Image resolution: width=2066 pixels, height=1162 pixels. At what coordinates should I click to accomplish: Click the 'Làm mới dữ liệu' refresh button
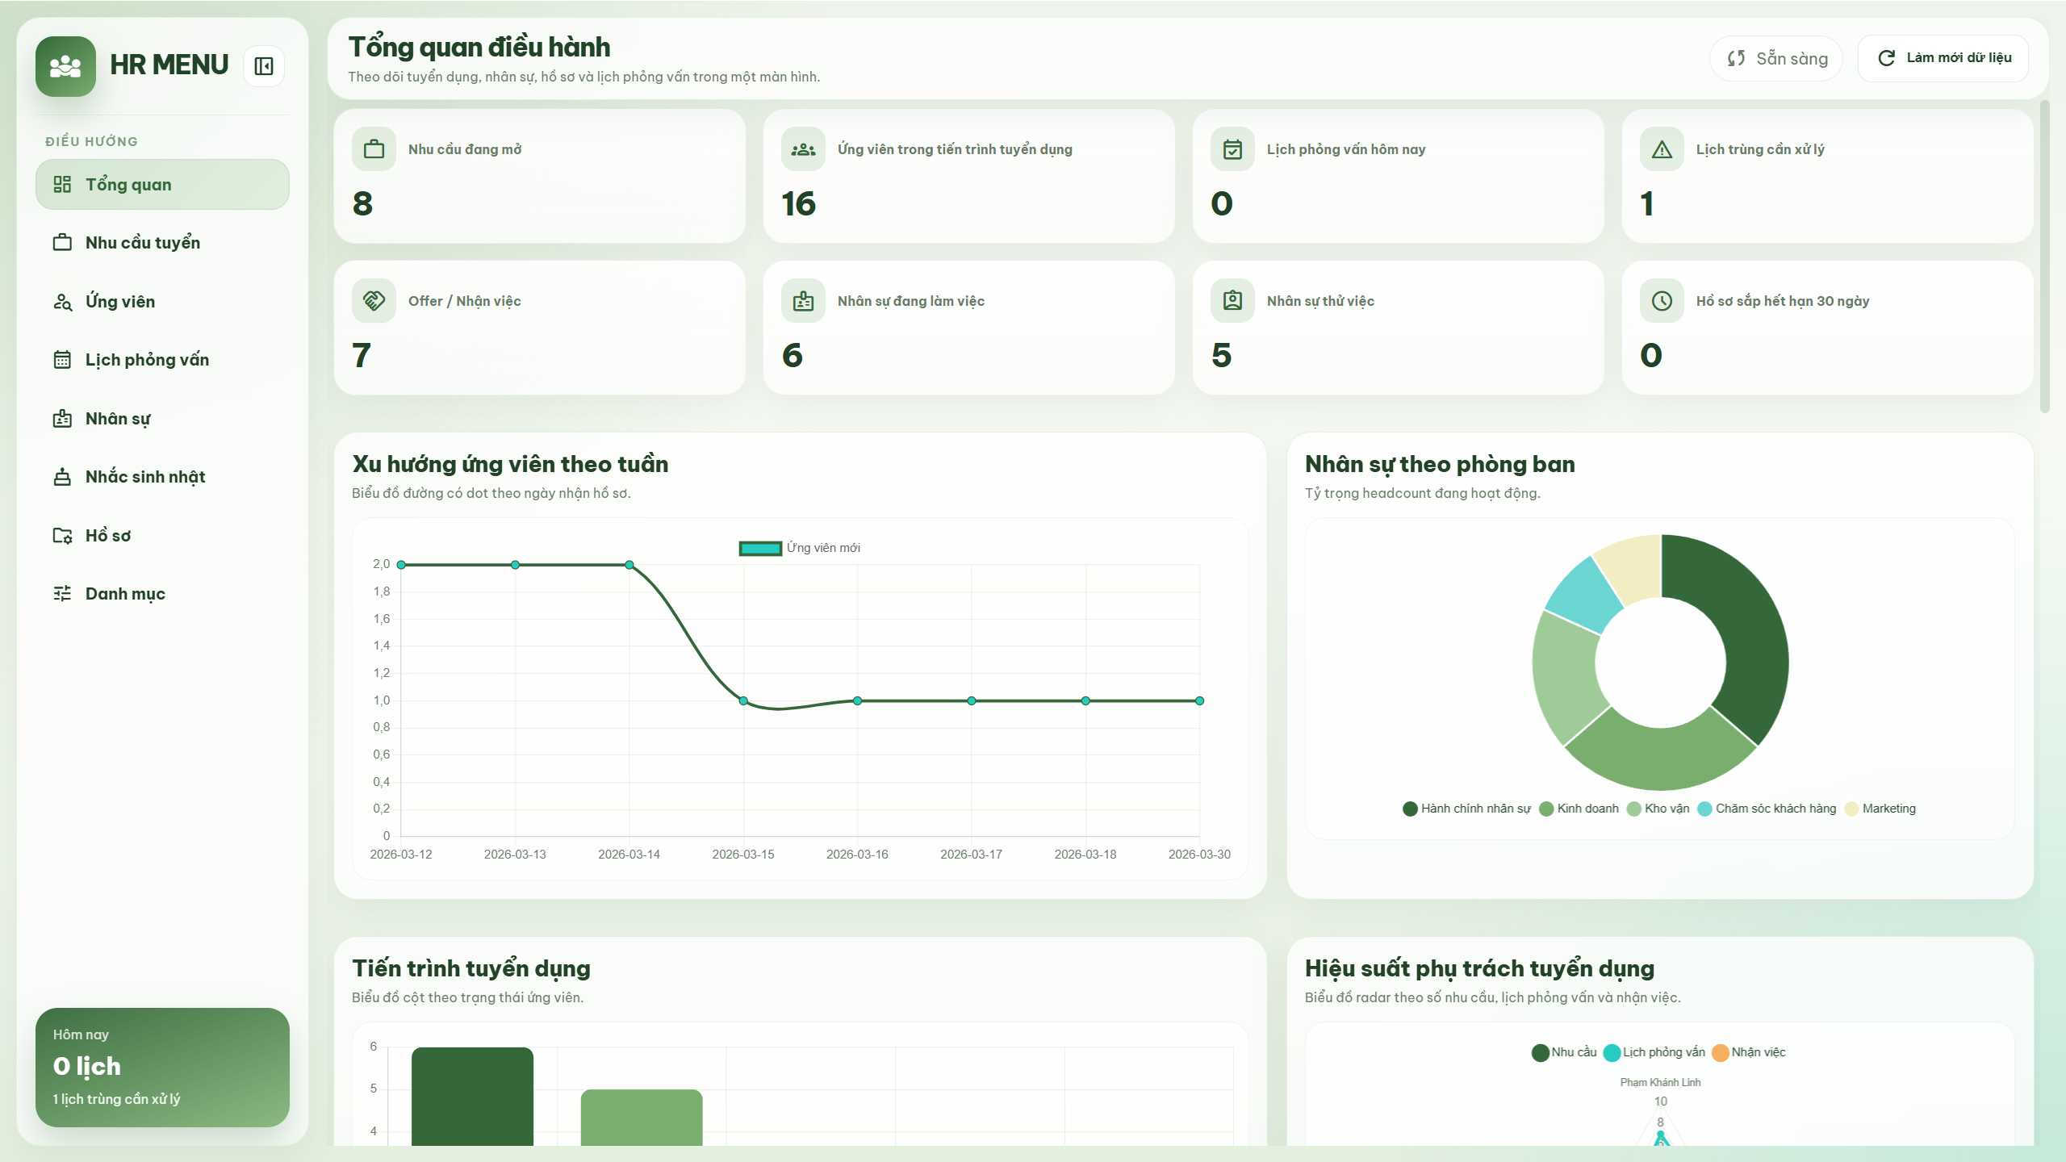point(1943,58)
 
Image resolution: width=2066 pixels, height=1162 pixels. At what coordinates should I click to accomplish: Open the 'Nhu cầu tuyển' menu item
point(142,243)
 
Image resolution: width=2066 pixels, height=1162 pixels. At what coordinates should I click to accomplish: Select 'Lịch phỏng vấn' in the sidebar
point(147,360)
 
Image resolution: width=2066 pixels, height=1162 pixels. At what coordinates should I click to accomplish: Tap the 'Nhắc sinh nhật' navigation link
point(145,477)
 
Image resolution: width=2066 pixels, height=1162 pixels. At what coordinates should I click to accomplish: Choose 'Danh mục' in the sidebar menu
point(125,594)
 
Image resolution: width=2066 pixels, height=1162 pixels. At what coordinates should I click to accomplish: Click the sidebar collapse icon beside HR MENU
point(264,66)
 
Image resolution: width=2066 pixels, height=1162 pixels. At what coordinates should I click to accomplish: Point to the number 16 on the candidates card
point(798,203)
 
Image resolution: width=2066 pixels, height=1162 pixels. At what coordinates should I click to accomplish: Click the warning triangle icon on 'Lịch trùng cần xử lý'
point(1662,149)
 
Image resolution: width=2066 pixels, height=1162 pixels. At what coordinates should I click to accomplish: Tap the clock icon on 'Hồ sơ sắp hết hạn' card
point(1662,301)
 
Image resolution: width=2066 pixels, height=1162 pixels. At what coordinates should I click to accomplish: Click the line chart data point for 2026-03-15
point(743,700)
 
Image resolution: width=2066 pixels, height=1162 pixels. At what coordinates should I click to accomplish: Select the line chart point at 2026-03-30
point(1199,700)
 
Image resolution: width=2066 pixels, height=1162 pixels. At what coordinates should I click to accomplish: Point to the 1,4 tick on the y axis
point(382,646)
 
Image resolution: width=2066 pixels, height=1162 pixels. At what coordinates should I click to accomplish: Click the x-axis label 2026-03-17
point(971,854)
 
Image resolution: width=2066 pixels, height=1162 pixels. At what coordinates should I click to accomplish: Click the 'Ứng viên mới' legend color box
point(760,548)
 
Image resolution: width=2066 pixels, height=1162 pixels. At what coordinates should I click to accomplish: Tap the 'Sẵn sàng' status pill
point(1776,58)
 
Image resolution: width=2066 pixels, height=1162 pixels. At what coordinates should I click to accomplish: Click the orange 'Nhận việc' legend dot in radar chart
point(1720,1052)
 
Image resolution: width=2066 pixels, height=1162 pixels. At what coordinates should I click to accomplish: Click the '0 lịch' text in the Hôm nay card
point(87,1066)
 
